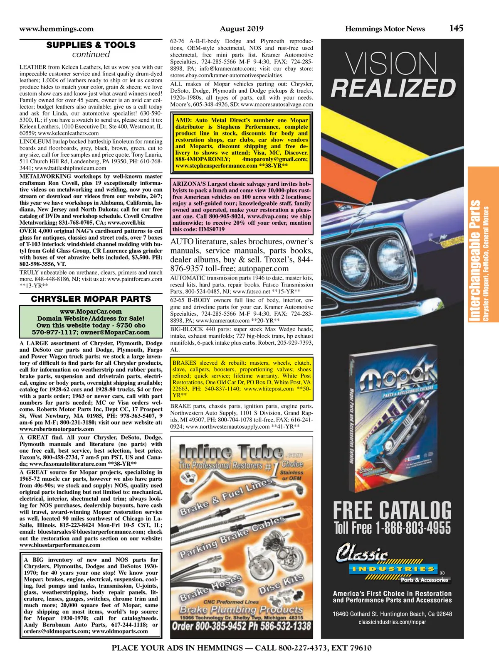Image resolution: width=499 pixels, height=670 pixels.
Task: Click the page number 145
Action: pos(456,28)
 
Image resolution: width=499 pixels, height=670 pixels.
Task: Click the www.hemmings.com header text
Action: pos(57,29)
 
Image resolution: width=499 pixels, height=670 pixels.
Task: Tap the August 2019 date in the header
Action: pos(242,29)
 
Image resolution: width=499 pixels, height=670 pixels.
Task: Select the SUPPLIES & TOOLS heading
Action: pos(91,45)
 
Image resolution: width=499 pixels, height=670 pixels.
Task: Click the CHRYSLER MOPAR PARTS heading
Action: pos(91,299)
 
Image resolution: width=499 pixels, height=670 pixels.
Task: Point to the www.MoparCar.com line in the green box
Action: pos(91,312)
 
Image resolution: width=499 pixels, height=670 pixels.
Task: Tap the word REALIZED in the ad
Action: pos(393,88)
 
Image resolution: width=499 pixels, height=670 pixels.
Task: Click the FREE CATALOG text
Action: pos(392,510)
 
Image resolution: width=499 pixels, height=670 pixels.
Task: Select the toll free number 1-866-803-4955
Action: pos(413,528)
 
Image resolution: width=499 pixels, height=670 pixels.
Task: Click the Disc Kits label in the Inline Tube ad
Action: pos(281,584)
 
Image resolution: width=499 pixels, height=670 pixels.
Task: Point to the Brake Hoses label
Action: pos(210,588)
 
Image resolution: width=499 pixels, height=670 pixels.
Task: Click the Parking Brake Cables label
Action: pos(232,537)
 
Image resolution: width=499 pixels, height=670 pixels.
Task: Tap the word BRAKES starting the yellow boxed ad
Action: pos(184,363)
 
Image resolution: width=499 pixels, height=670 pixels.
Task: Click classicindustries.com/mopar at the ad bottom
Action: pos(392,622)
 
